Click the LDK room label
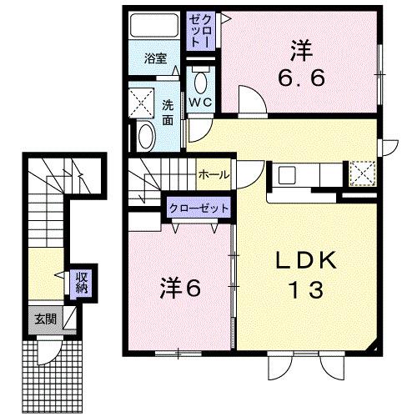[307, 260]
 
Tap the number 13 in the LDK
[307, 291]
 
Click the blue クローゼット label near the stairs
[198, 208]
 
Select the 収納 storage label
[83, 282]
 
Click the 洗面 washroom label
[168, 112]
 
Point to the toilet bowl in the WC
[201, 83]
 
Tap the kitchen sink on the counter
[288, 175]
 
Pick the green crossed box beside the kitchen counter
[362, 173]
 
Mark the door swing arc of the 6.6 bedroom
[250, 101]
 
